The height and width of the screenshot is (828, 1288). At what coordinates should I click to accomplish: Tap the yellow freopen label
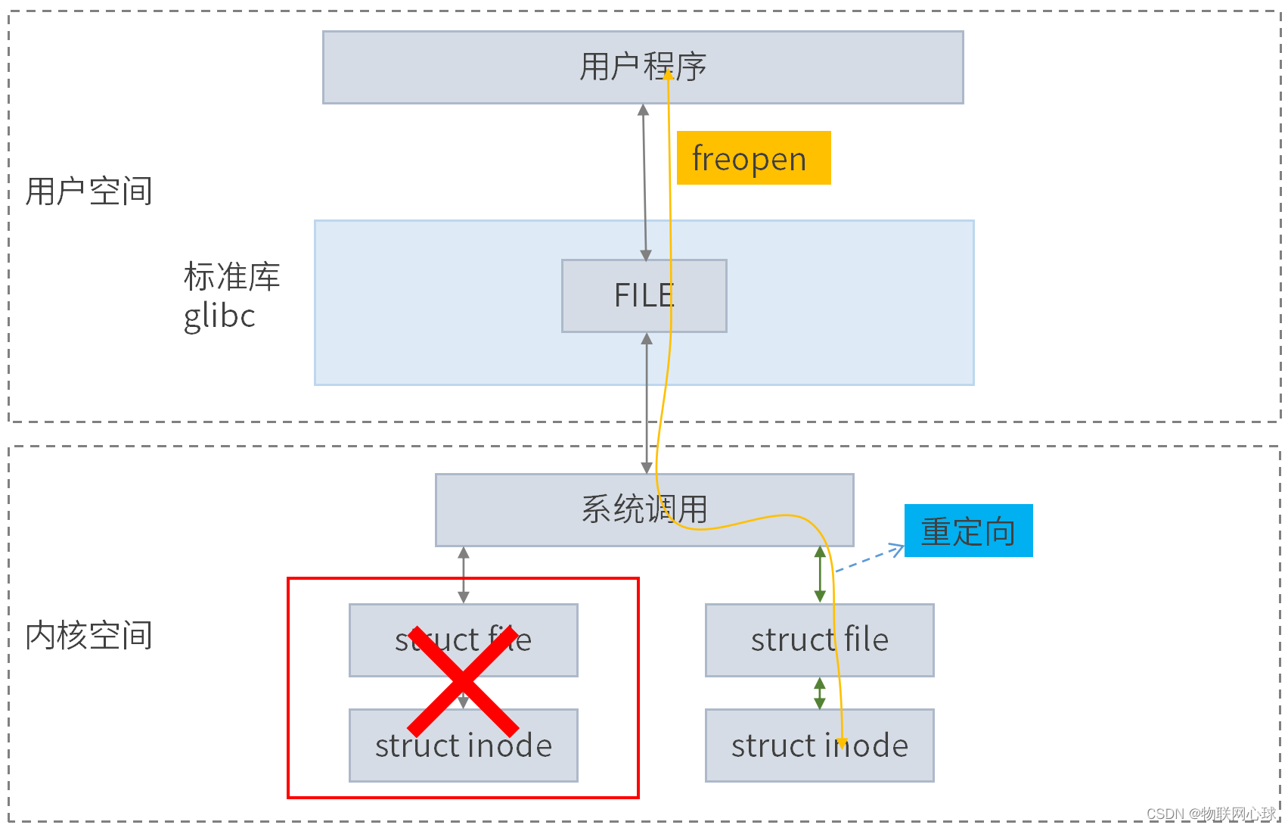753,158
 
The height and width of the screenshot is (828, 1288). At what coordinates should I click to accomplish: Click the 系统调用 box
529,509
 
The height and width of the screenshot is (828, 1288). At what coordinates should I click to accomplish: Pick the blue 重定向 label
968,531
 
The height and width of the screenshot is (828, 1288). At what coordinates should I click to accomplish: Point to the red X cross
463,681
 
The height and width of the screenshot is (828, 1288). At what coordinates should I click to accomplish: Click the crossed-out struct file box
378,640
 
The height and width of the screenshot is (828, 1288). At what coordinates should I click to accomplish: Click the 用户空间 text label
88,191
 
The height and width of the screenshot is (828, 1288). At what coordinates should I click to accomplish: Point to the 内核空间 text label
88,635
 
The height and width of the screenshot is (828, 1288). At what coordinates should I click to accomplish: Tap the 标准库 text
231,276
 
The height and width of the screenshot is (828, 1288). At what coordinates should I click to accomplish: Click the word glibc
219,316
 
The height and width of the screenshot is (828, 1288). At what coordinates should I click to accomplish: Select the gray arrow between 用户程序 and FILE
644,182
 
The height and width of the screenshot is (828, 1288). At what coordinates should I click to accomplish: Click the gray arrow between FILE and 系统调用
647,401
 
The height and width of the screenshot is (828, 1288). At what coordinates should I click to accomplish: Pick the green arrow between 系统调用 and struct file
820,574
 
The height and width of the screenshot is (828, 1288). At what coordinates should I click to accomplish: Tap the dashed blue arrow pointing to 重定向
870,559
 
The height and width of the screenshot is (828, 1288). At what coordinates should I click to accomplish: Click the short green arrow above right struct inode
820,693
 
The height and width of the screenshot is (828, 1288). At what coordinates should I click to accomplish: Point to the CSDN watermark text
1210,814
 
